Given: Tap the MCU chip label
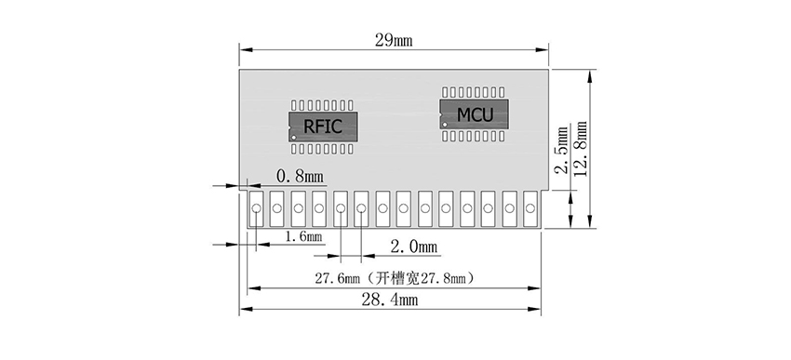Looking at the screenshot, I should (475, 114).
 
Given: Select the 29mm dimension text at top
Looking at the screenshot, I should (394, 39).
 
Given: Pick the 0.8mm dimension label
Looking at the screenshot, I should (300, 175).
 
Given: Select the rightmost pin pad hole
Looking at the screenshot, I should (530, 208).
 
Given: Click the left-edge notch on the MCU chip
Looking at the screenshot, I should (444, 114).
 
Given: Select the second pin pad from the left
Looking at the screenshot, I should (277, 208).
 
